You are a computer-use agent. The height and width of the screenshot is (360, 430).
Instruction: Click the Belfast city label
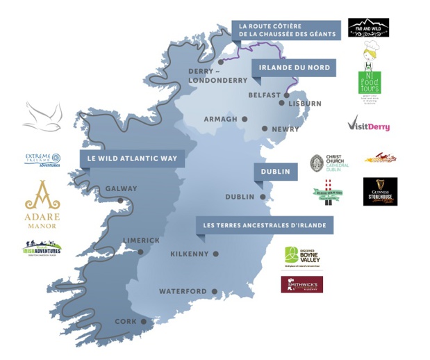pyautogui.click(x=264, y=95)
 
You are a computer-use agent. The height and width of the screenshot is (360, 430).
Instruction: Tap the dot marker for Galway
pyautogui.click(x=120, y=200)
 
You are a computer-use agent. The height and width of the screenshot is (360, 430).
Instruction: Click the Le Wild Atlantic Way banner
pyautogui.click(x=132, y=158)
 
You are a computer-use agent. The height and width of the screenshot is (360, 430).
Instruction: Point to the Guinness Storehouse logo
pyautogui.click(x=380, y=191)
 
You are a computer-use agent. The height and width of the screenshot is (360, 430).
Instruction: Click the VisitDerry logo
pyautogui.click(x=368, y=126)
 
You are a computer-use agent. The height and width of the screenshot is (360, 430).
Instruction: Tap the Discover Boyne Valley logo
pyautogui.click(x=303, y=258)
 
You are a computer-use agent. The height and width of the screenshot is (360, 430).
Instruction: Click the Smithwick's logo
pyautogui.click(x=301, y=284)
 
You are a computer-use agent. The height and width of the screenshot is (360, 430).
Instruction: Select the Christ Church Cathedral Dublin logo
pyautogui.click(x=330, y=163)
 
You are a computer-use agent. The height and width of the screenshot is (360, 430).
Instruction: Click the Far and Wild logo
pyautogui.click(x=368, y=28)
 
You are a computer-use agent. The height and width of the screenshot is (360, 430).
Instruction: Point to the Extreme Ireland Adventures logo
pyautogui.click(x=42, y=160)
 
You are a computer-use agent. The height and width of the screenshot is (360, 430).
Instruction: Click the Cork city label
pyautogui.click(x=125, y=321)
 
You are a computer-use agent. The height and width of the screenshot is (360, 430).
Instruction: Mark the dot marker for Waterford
pyautogui.click(x=215, y=291)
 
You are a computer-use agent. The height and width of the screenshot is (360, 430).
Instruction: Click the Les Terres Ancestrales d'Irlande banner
pyautogui.click(x=264, y=225)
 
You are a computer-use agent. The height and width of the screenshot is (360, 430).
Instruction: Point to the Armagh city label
pyautogui.click(x=220, y=119)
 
